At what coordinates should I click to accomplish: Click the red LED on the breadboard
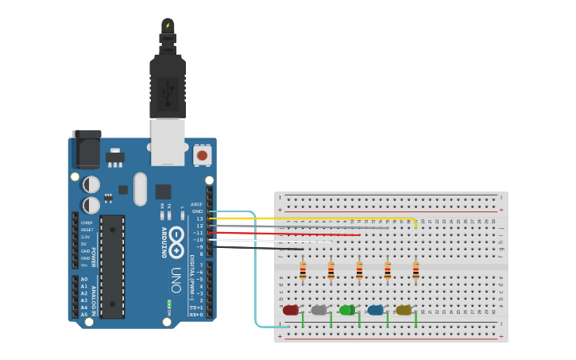click(x=291, y=310)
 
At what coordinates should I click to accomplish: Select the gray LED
click(x=319, y=310)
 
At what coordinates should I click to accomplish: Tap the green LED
click(x=347, y=310)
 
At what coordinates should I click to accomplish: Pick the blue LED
click(x=375, y=310)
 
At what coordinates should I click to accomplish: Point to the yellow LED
click(x=404, y=310)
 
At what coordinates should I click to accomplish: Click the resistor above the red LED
click(x=303, y=271)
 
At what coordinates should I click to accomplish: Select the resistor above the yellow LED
click(x=416, y=271)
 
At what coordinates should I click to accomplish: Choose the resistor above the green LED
click(x=359, y=271)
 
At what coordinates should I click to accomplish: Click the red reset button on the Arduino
click(x=203, y=155)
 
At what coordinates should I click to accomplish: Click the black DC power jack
click(x=86, y=149)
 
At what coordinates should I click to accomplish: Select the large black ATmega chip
click(x=112, y=265)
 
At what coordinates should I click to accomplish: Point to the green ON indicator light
click(x=168, y=304)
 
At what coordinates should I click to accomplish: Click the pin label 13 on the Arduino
click(x=200, y=219)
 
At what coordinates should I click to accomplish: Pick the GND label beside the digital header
click(x=198, y=211)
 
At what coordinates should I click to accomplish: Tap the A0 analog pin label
click(x=84, y=279)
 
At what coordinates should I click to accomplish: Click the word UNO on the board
click(x=176, y=279)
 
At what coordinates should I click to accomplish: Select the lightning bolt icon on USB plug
click(x=168, y=25)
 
